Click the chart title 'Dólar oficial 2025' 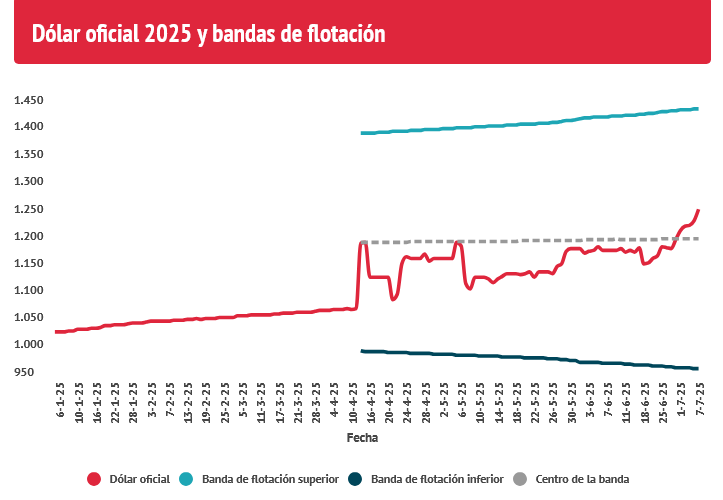click(209, 34)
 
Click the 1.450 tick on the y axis click(29, 101)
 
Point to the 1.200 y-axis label click(29, 236)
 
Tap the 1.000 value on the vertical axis click(29, 345)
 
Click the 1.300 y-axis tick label click(29, 182)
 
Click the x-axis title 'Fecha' click(362, 438)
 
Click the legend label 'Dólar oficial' click(139, 479)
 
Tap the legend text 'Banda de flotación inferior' click(437, 479)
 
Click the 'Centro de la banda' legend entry click(582, 479)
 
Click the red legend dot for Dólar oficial click(95, 479)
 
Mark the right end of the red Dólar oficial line click(698, 210)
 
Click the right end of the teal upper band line click(697, 109)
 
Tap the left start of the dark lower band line click(363, 351)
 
